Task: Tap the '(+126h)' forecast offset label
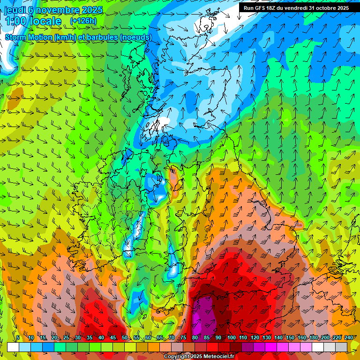83,21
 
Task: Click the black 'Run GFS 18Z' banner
296,8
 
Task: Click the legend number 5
18,338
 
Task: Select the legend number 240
348,338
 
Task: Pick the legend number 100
231,338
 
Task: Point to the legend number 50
124,338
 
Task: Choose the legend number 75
183,338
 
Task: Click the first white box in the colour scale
13,347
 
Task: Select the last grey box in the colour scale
341,347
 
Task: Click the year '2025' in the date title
92,10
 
